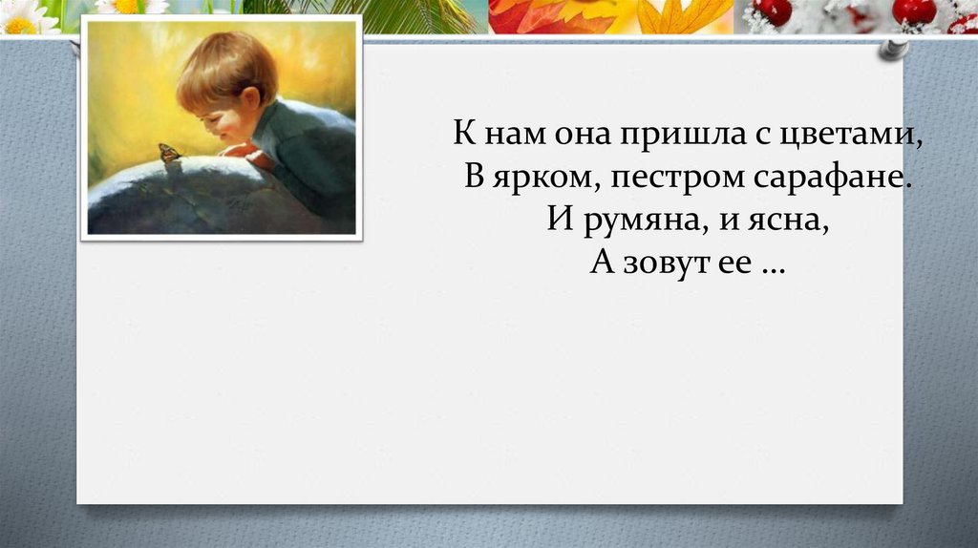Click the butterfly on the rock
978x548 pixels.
pos(169,153)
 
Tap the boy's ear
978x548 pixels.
pos(249,97)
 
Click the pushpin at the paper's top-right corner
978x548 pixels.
pos(893,48)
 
